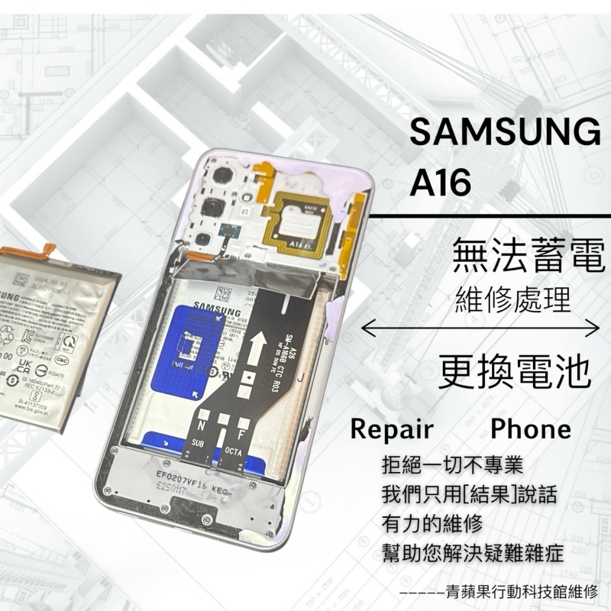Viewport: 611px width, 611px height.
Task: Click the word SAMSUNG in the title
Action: click(x=504, y=134)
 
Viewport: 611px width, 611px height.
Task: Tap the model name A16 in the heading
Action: click(x=442, y=182)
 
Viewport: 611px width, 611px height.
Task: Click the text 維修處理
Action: click(x=512, y=299)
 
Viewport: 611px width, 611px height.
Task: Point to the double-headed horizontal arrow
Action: click(x=480, y=329)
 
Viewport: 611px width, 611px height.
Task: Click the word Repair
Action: click(x=392, y=428)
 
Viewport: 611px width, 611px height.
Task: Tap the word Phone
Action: click(x=531, y=428)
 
